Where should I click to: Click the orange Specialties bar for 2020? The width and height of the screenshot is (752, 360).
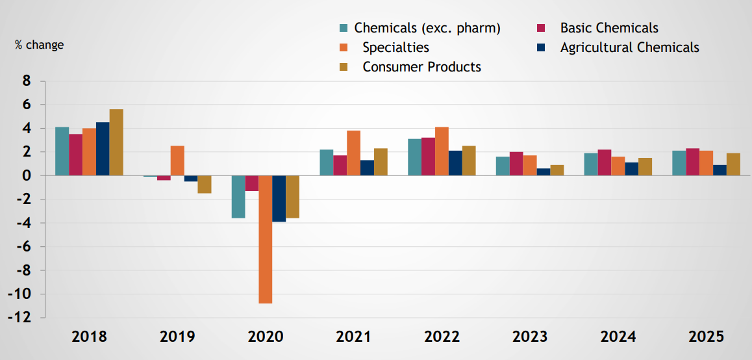pos(265,239)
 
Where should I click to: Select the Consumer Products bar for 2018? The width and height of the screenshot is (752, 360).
pos(116,142)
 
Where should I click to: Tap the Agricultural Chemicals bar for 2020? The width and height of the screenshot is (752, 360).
pos(279,199)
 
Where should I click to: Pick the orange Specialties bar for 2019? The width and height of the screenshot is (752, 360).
pos(177,161)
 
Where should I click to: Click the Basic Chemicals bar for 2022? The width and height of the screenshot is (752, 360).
pos(428,157)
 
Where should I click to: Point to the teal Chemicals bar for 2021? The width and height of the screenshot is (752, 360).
pos(327,162)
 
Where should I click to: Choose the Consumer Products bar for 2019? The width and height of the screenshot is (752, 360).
pos(205,185)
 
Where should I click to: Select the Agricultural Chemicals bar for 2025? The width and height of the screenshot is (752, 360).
pos(720,170)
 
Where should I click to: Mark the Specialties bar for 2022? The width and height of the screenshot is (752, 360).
pos(442,151)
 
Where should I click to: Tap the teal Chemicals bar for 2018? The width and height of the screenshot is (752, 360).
pos(62,151)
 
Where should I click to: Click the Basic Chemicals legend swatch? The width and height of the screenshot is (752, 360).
pos(539,28)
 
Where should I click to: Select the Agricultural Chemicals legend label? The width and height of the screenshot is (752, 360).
pos(629,47)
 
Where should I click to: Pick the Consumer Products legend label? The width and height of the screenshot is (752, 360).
pos(421,67)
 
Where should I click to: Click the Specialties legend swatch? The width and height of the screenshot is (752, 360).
pos(344,47)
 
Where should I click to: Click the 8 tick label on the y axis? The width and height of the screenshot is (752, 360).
pos(27,81)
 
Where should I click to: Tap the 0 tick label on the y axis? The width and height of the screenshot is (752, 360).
pos(27,175)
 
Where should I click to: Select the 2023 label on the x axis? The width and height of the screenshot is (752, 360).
pos(530,337)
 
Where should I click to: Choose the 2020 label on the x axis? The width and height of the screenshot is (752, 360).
pos(266,337)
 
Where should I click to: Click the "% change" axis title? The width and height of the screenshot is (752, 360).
pos(40,45)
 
